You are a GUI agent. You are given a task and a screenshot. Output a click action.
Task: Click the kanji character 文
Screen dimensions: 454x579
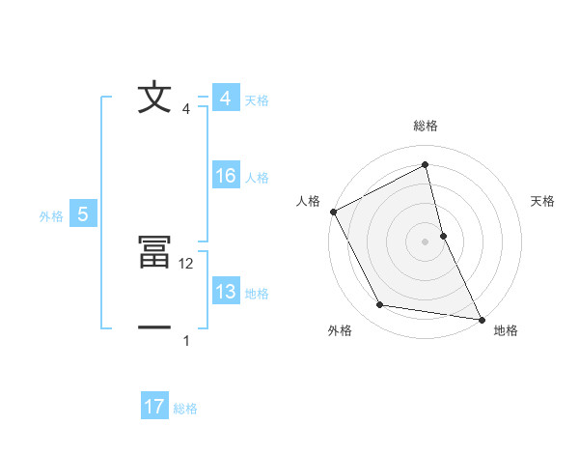(x=154, y=99)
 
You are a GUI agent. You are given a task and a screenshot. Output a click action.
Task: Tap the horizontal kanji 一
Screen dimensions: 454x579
(x=154, y=328)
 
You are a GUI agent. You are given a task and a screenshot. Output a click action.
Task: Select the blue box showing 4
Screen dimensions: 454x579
(x=225, y=99)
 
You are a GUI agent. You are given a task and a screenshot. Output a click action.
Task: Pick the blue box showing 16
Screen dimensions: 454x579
(x=225, y=176)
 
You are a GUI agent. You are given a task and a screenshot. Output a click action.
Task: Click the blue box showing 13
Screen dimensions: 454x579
(x=225, y=292)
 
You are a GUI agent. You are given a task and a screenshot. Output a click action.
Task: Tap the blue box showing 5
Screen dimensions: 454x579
(x=83, y=214)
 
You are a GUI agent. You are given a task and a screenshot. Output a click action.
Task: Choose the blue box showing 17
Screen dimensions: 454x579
(x=154, y=407)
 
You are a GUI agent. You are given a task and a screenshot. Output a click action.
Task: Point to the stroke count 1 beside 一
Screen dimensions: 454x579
(x=186, y=340)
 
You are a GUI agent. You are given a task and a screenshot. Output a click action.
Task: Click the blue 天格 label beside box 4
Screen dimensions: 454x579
(x=257, y=100)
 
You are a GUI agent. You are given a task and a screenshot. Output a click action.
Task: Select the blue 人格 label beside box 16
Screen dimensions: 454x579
(x=257, y=178)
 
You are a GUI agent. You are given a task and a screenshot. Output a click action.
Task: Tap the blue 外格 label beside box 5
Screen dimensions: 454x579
(x=51, y=216)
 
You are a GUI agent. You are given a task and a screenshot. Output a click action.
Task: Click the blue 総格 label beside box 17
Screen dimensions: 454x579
(x=185, y=409)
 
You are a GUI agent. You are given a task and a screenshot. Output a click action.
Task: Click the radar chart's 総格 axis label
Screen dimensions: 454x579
(x=426, y=126)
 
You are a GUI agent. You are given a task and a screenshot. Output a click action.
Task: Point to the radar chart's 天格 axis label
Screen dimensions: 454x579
(x=543, y=201)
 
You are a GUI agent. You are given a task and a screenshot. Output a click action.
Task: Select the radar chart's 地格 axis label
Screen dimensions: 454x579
(x=506, y=330)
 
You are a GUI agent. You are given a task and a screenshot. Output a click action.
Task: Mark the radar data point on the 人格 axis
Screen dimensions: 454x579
(x=333, y=212)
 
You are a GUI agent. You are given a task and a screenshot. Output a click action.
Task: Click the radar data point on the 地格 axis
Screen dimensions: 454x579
(x=481, y=318)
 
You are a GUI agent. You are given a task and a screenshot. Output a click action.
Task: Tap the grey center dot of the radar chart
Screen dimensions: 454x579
(x=426, y=241)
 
